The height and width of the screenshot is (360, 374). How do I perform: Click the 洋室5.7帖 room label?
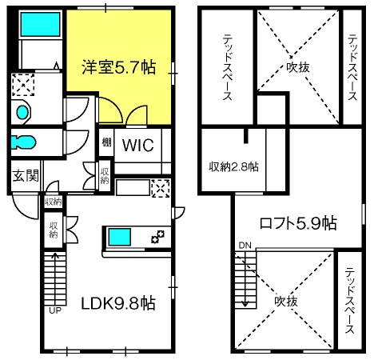[119, 67]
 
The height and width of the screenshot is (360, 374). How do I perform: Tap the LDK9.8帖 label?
[118, 303]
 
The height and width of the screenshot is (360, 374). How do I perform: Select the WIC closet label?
[138, 145]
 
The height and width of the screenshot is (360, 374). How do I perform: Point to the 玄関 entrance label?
[26, 176]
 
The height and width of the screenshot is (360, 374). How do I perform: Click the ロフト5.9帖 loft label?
[298, 223]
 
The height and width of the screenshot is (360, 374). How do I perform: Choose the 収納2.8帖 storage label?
[233, 167]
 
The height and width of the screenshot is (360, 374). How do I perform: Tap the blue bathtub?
[41, 25]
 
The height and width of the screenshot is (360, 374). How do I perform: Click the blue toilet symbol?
[23, 142]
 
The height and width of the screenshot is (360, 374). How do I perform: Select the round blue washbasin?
[22, 112]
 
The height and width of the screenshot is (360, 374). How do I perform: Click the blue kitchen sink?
[119, 237]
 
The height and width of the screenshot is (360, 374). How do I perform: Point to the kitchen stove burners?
[157, 237]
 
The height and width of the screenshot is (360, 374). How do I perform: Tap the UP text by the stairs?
[55, 310]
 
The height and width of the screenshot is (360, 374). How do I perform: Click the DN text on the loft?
[245, 246]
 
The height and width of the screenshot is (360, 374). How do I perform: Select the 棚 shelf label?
[106, 142]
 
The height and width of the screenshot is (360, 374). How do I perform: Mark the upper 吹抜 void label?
[298, 67]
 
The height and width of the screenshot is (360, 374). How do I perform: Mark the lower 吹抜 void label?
[286, 302]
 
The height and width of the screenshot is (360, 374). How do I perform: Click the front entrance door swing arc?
[20, 211]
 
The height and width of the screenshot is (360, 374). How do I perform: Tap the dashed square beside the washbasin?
[23, 85]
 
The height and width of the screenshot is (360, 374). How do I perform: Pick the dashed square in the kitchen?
[161, 189]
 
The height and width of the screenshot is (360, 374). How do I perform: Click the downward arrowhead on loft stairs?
[245, 304]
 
